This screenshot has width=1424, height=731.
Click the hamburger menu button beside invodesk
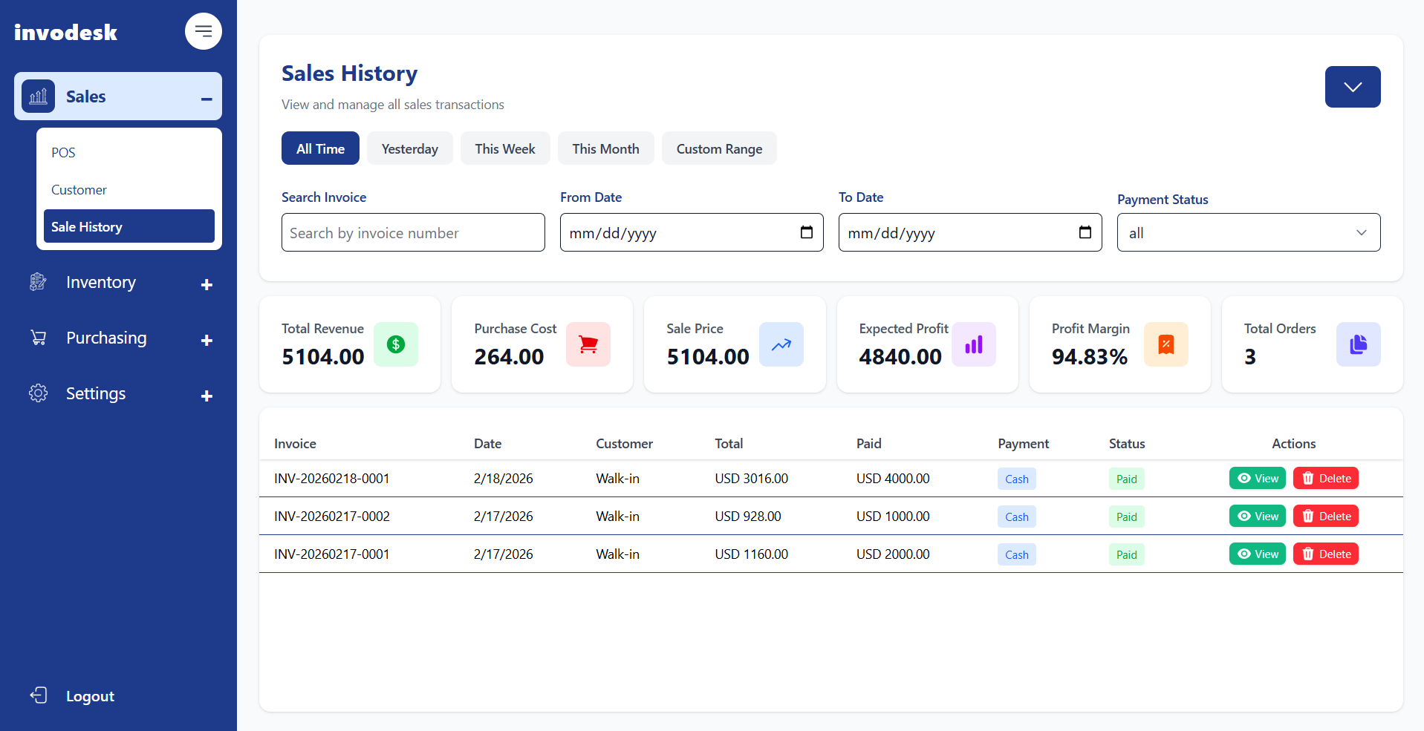coord(203,31)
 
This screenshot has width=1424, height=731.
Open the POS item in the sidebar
coord(64,153)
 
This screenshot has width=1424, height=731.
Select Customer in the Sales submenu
coord(79,190)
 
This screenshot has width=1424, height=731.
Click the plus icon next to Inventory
coord(207,284)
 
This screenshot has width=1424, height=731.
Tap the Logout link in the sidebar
coord(89,696)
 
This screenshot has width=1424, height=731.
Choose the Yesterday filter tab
coord(409,148)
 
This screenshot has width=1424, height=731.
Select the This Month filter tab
coord(605,148)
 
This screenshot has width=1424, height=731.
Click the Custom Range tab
coord(719,148)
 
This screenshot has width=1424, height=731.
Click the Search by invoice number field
coord(413,233)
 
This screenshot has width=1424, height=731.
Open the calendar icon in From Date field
coord(806,232)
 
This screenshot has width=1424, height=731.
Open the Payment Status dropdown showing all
coord(1248,233)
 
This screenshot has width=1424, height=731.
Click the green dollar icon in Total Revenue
coord(396,344)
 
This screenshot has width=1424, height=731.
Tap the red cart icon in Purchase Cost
coord(588,344)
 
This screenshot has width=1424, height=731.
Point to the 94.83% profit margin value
coord(1089,357)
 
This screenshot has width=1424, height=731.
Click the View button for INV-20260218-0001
coord(1257,479)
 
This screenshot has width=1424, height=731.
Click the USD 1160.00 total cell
coord(751,554)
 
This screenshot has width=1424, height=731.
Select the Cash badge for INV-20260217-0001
coord(1016,555)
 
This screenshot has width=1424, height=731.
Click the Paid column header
coord(868,444)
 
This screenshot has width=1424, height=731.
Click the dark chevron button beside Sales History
coord(1352,87)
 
